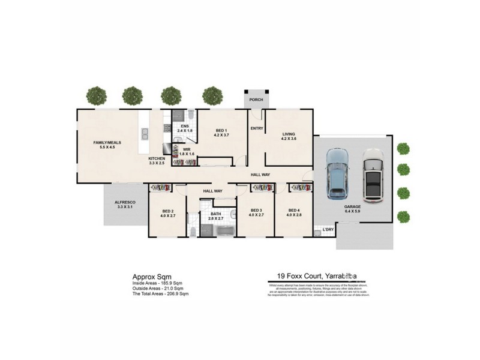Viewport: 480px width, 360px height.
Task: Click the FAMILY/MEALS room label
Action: coord(107,142)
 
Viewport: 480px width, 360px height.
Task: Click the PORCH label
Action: coord(256,100)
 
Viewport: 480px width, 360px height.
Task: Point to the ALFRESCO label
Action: coord(125,203)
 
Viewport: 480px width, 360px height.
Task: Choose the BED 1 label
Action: coord(221,130)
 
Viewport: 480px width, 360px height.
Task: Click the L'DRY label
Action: coord(328,229)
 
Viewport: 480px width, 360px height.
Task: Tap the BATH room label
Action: coord(215,214)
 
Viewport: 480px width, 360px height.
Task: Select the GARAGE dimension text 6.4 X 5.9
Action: coord(352,211)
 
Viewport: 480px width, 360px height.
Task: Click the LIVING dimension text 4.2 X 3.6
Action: coord(289,139)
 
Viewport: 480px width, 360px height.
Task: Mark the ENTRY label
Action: coord(257,128)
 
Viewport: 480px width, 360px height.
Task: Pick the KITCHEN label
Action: coord(157,158)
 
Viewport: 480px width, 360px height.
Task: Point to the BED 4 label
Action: coord(293,210)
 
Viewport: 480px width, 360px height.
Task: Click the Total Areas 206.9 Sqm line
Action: coord(161,294)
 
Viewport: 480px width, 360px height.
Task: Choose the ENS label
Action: coord(184,126)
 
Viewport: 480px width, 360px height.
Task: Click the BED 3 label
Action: coord(256,210)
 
